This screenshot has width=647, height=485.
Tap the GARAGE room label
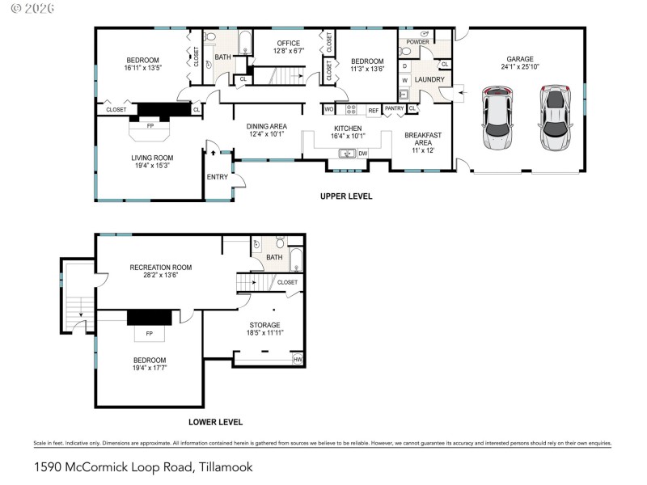click(520, 59)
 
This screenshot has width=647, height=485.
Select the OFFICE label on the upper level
click(288, 43)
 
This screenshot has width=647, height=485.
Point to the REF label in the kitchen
click(373, 110)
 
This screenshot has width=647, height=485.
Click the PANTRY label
click(394, 108)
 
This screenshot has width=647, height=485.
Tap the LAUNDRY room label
click(429, 79)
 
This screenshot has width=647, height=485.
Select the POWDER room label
click(417, 41)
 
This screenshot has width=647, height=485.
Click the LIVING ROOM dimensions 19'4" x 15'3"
click(153, 166)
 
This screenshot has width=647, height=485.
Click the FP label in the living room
click(150, 126)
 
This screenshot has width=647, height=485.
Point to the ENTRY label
click(217, 176)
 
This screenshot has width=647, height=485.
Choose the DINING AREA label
click(267, 126)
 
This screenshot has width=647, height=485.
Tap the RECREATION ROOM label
click(161, 267)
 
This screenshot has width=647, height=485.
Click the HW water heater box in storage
click(298, 359)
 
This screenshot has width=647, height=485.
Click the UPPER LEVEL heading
click(346, 196)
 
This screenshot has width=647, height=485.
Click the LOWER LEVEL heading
click(215, 422)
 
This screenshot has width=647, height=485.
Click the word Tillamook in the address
click(224, 466)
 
